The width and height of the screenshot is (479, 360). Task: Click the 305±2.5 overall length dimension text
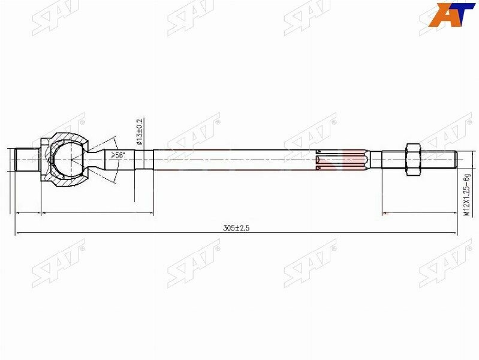tap(236, 228)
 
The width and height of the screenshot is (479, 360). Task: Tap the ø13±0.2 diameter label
tap(140, 131)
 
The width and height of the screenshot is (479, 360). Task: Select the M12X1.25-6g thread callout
tap(466, 195)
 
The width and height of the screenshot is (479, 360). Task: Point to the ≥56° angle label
tap(119, 155)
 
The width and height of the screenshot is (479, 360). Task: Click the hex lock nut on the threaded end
tap(413, 160)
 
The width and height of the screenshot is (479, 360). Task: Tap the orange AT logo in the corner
tap(451, 14)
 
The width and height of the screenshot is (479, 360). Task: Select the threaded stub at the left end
tap(27, 160)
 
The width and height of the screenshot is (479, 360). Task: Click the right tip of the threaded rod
tap(457, 160)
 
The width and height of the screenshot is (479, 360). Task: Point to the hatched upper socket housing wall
tap(69, 137)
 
